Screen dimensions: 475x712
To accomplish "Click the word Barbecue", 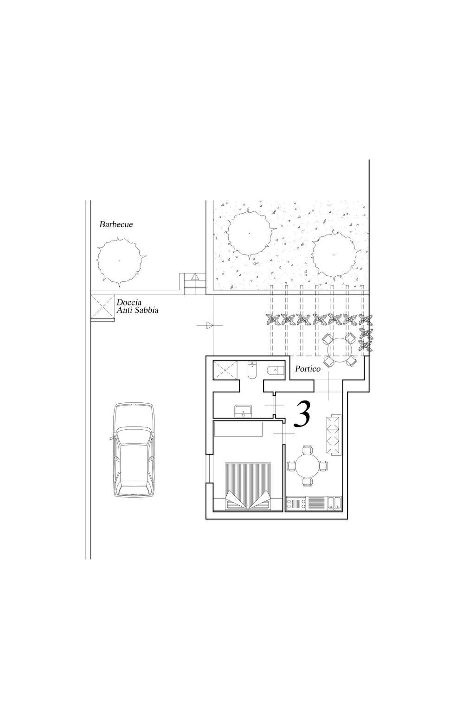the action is point(116,224).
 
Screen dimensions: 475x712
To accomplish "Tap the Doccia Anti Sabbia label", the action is point(137,306).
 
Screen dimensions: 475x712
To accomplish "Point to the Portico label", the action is point(308,369).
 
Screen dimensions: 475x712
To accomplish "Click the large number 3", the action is point(302,413).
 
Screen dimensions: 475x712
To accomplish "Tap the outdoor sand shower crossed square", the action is point(103,307).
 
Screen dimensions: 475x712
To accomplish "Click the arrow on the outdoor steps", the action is point(195,277).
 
